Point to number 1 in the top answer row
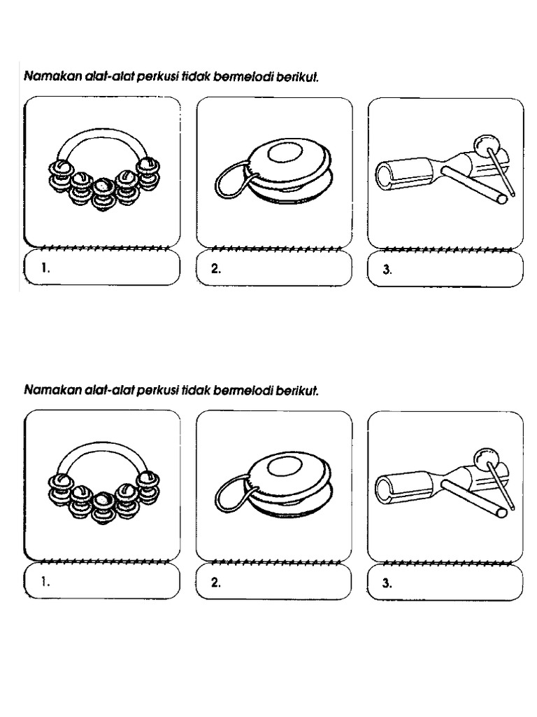(x=45, y=268)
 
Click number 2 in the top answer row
(x=216, y=269)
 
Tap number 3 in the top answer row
(x=387, y=270)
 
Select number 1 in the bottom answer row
(x=45, y=582)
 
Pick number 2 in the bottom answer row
(x=216, y=583)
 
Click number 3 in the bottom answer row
(x=387, y=583)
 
